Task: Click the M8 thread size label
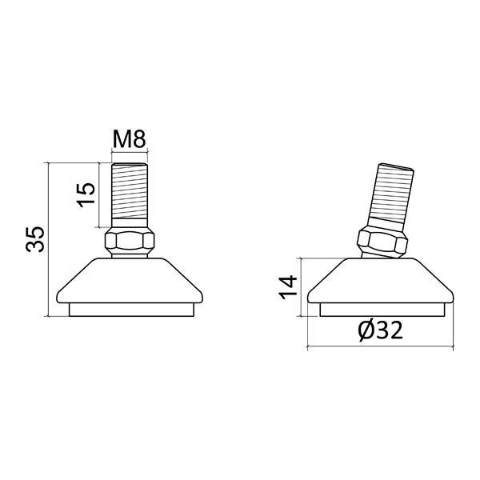click(x=130, y=139)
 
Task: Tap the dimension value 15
click(x=86, y=195)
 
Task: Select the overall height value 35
click(x=35, y=239)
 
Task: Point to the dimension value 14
click(x=288, y=287)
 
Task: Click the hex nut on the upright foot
click(x=130, y=240)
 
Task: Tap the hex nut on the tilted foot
click(x=382, y=242)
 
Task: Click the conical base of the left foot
click(x=130, y=281)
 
